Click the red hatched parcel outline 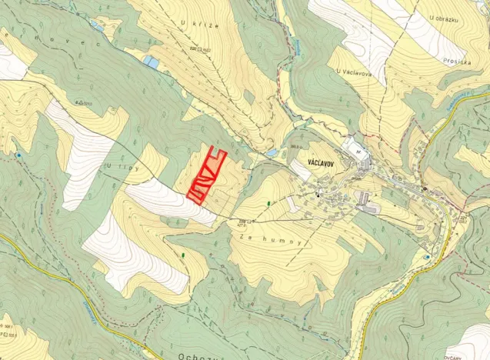click(205, 176)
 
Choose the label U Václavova click(355, 71)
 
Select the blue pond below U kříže click(151, 62)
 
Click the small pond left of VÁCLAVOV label click(272, 153)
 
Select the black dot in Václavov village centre click(317, 195)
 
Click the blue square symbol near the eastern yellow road click(427, 256)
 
